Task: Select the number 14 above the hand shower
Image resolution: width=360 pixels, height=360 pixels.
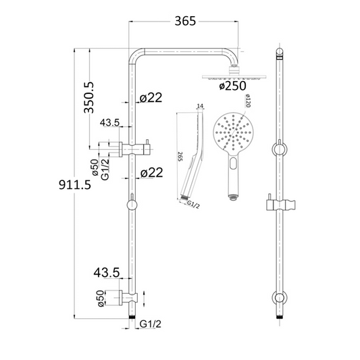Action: tap(199, 107)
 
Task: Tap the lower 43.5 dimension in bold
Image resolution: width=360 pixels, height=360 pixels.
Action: tap(106, 272)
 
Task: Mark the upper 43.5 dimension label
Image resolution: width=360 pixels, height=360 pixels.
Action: tap(110, 123)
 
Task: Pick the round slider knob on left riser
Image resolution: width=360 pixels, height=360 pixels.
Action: tap(132, 203)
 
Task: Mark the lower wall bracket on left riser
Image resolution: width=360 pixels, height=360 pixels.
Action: tap(125, 295)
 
